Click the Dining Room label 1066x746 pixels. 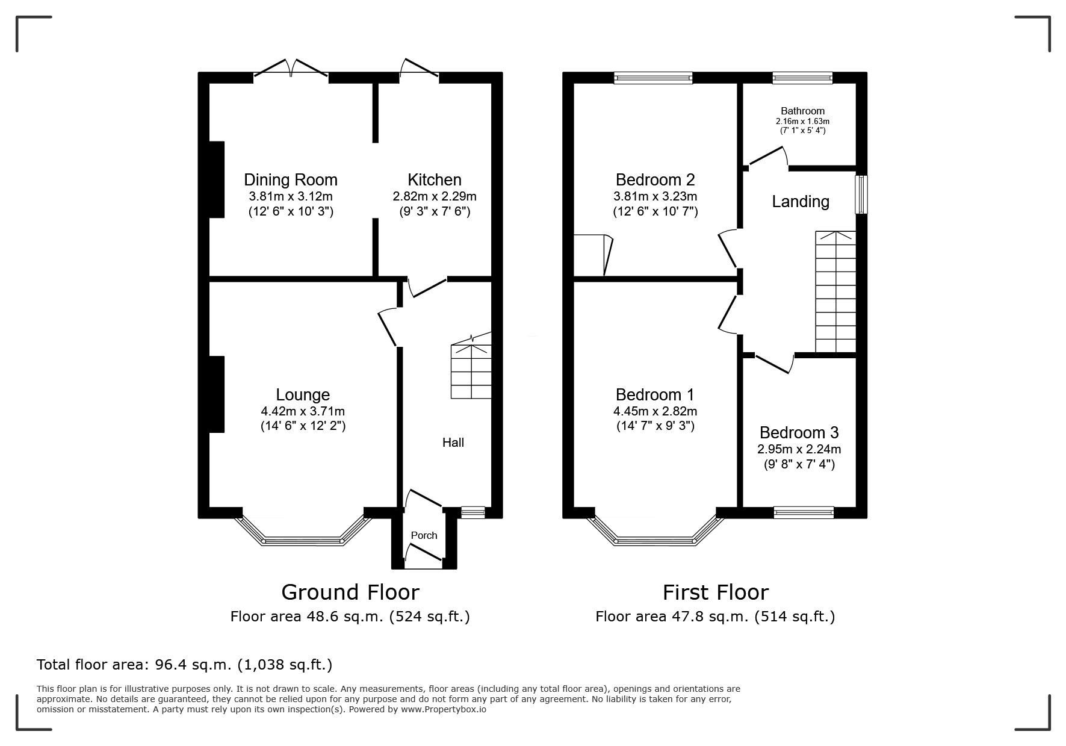pos(290,179)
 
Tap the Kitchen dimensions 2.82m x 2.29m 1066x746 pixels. pos(434,196)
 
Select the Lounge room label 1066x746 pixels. pos(302,394)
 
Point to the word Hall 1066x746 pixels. pos(453,443)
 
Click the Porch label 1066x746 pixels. pos(424,535)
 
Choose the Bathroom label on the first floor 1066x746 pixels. pos(802,111)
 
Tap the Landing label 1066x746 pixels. pos(800,201)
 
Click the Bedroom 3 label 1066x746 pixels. pos(799,432)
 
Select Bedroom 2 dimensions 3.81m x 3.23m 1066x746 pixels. pos(655,196)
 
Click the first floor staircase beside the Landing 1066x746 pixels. pos(835,292)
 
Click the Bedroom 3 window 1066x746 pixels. pos(803,512)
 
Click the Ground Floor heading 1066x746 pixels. pos(350,592)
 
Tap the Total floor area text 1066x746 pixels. pos(184,665)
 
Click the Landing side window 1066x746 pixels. pos(861,194)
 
